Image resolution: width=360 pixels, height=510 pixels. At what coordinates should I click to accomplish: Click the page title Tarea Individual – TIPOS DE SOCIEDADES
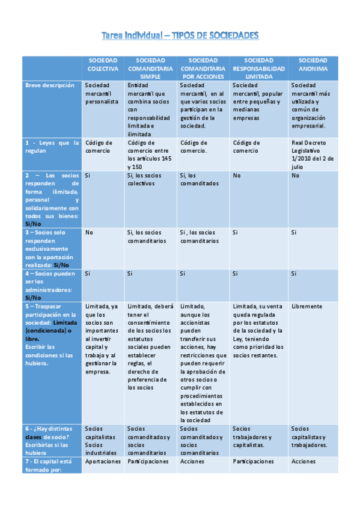(180, 36)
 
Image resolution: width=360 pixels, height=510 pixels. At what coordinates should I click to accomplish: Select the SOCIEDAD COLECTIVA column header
(103, 64)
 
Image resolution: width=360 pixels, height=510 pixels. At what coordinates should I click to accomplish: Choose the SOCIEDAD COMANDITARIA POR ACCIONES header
(203, 69)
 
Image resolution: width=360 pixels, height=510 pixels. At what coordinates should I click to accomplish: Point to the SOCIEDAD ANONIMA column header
(313, 64)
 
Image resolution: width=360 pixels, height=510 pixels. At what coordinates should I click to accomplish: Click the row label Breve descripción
(50, 85)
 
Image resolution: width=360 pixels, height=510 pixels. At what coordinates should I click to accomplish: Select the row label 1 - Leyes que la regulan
(52, 147)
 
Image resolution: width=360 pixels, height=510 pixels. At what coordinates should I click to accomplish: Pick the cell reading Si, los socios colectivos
(144, 179)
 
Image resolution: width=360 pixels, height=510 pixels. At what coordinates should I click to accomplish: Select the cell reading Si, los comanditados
(199, 179)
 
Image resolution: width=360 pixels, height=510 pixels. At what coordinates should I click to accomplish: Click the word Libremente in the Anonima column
(307, 306)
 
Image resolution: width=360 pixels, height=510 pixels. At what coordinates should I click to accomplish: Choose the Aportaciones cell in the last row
(103, 461)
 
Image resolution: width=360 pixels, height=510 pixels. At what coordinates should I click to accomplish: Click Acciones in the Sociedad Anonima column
(304, 461)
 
